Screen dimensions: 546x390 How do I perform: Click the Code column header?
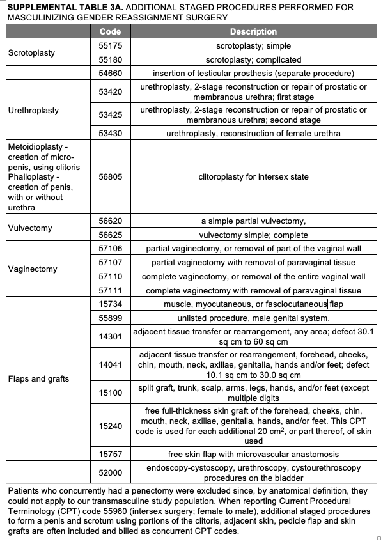[x=110, y=31]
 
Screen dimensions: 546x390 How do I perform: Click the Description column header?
[x=253, y=31]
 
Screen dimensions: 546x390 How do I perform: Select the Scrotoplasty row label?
[x=31, y=52]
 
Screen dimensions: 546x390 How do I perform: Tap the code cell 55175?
[x=110, y=46]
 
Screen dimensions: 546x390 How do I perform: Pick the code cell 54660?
[x=110, y=74]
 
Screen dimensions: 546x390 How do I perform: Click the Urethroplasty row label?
[x=33, y=110]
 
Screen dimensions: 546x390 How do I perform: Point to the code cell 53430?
[x=110, y=133]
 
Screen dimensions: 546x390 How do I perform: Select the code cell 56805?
[x=110, y=177]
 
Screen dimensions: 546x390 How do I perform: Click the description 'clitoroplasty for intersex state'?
[x=253, y=177]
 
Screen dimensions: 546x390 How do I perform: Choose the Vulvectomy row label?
[x=30, y=228]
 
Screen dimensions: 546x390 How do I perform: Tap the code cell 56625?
[x=110, y=235]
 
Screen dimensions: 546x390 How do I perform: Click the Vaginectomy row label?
[x=33, y=269]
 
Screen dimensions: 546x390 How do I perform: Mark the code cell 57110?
[x=110, y=277]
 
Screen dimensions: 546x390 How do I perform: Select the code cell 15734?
[x=110, y=304]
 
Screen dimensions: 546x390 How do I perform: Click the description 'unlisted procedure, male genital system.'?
[x=253, y=318]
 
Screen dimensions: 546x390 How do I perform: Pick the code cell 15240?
[x=110, y=425]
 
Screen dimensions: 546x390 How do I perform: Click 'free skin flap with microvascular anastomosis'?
[x=253, y=455]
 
